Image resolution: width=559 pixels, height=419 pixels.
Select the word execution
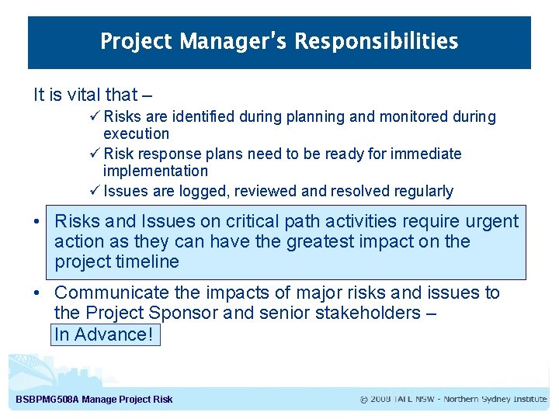[136, 133]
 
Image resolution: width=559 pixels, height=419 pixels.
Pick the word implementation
[155, 171]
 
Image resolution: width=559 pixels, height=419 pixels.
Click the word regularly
[424, 191]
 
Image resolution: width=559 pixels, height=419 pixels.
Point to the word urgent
[491, 222]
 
